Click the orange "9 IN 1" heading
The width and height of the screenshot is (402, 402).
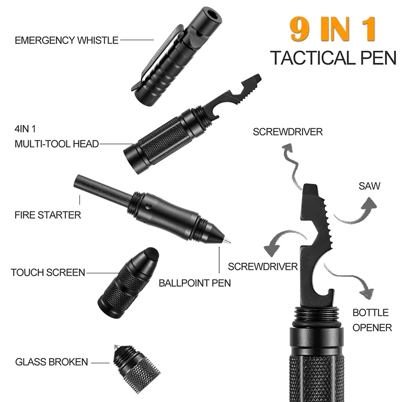tap(333, 30)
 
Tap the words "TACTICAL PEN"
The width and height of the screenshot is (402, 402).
tap(332, 58)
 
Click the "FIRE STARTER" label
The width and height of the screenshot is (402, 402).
tap(48, 215)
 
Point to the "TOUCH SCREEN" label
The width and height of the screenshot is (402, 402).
tap(48, 273)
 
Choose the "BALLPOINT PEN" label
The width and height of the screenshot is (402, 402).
tap(195, 283)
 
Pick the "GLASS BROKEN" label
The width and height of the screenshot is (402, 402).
tap(51, 362)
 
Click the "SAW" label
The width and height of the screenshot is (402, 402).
tap(369, 186)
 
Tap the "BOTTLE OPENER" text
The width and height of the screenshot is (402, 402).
tap(371, 320)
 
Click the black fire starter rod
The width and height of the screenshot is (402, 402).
tap(100, 188)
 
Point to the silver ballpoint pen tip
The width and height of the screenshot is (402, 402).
tap(227, 241)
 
